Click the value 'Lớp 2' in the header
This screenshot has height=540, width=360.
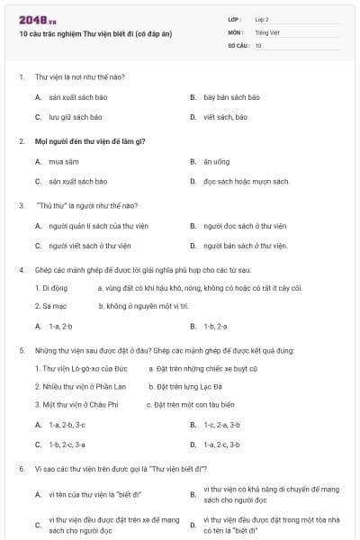[262, 19]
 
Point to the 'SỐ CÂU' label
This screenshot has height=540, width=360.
[237, 45]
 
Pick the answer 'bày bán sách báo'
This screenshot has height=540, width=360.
[231, 97]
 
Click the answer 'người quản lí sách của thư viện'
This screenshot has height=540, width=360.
[99, 226]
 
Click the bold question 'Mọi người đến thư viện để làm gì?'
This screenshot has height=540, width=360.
[90, 142]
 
